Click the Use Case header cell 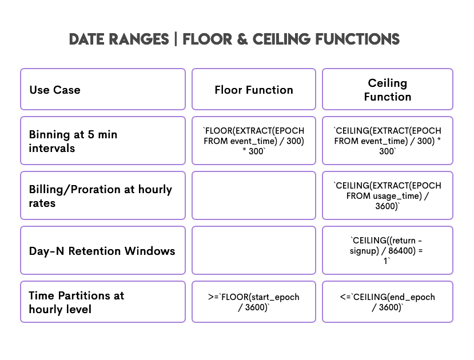click(x=103, y=90)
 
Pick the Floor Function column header click(x=254, y=90)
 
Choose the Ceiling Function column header click(x=388, y=90)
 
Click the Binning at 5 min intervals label click(x=103, y=141)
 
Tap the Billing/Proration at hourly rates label click(x=103, y=195)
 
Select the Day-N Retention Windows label click(x=103, y=251)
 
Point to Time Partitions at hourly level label click(x=103, y=302)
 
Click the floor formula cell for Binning click(x=254, y=141)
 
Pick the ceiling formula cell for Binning click(x=388, y=141)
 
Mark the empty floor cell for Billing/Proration click(x=254, y=195)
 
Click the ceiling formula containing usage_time click(x=388, y=195)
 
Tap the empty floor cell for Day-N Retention click(x=254, y=251)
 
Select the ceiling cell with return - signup click(x=388, y=251)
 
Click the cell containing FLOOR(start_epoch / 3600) click(x=254, y=302)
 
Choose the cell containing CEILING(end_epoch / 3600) click(x=388, y=302)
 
